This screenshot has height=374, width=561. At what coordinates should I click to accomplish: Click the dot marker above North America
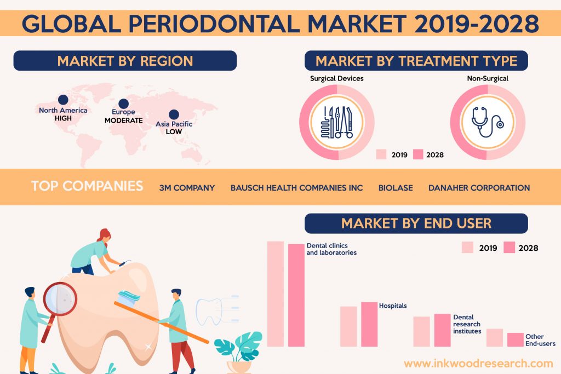63,100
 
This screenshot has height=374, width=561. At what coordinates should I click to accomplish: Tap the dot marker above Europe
123,103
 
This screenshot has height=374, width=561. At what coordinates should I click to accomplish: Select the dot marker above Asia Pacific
174,114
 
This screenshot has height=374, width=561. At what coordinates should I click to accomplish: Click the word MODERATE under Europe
123,120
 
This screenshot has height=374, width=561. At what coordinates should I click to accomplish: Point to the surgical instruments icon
337,122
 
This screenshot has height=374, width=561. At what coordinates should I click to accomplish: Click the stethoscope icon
487,122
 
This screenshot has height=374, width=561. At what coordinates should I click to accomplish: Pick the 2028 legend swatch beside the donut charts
418,154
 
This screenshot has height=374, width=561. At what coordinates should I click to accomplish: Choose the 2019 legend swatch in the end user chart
467,248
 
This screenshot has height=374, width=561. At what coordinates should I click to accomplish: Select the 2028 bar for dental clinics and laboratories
296,295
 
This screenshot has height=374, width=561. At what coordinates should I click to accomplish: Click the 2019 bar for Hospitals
348,326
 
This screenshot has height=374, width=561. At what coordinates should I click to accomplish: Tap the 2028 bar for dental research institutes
442,330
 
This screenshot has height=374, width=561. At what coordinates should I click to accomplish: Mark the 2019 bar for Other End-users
495,338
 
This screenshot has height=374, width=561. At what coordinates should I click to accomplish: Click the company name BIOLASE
396,188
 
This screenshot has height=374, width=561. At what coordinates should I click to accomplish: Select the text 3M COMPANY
187,188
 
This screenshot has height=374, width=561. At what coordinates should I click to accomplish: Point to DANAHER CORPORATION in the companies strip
479,188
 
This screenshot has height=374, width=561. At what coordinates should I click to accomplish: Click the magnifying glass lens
60,299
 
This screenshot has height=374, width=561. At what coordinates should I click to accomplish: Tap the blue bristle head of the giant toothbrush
129,297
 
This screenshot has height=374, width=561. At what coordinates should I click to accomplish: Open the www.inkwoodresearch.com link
478,364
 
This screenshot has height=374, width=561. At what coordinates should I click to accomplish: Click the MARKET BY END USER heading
416,223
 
